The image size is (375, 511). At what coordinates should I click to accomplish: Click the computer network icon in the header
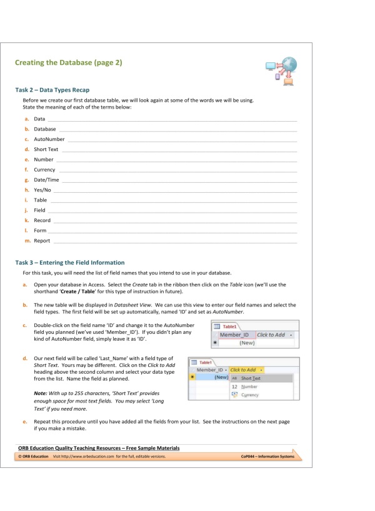pos(280,69)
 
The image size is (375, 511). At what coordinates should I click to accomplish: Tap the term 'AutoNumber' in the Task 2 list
pos(49,139)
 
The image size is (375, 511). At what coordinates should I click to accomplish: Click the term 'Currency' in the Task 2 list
pos(44,170)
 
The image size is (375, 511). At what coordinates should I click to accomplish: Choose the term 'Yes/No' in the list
pos(42,190)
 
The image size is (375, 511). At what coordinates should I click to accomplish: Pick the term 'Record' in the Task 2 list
pos(42,221)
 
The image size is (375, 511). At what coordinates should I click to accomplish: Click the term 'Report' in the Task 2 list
pos(42,241)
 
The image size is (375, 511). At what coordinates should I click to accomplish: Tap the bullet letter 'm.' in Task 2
pos(27,241)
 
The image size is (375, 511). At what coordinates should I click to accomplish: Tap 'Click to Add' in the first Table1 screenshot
pos(271,335)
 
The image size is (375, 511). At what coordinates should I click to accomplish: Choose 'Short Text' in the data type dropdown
pos(251,378)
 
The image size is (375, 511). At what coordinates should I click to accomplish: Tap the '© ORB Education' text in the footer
pos(32,457)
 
